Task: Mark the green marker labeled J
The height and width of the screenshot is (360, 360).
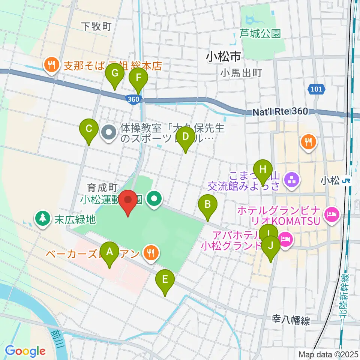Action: tap(270, 247)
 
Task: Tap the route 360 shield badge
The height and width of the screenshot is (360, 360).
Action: tap(133, 99)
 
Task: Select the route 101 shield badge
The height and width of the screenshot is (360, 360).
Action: tap(316, 89)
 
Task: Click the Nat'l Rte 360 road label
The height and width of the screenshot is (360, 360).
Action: tap(280, 111)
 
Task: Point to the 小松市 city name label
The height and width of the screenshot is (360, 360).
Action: tap(223, 57)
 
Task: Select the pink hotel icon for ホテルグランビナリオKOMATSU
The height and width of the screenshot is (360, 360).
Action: tap(332, 215)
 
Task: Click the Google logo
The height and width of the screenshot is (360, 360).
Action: tap(25, 351)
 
